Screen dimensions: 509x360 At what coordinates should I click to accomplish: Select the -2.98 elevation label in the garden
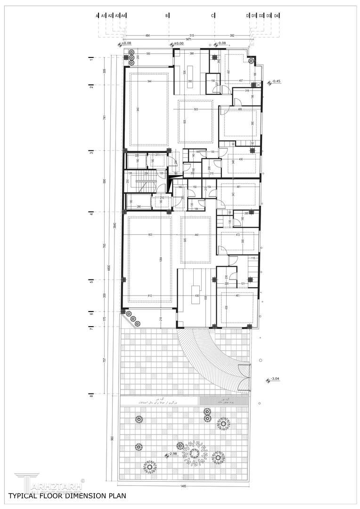(x=174, y=454)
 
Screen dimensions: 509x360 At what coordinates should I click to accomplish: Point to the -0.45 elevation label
(x=277, y=82)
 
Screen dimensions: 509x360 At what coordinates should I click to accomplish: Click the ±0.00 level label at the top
(x=179, y=43)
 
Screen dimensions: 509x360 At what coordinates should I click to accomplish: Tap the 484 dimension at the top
(x=147, y=35)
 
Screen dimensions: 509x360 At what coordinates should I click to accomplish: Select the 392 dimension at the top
(x=232, y=35)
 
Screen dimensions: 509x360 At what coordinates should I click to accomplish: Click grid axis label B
(x=167, y=16)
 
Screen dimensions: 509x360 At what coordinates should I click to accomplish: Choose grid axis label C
(x=213, y=16)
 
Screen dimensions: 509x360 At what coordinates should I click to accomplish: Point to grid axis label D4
(x=277, y=16)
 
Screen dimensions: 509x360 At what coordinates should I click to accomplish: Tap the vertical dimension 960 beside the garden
(x=113, y=438)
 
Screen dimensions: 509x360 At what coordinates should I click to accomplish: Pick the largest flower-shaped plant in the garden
(x=193, y=453)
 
